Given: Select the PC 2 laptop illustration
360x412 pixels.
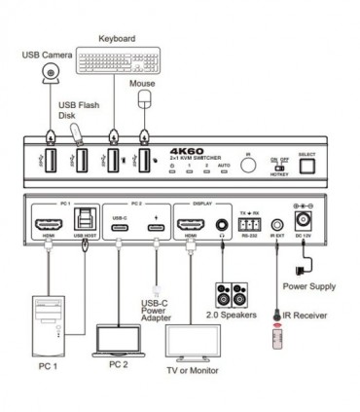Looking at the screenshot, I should [119, 336].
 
